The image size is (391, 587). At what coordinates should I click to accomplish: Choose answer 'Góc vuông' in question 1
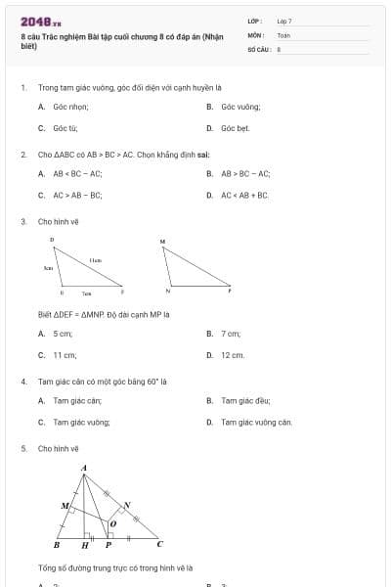(x=240, y=107)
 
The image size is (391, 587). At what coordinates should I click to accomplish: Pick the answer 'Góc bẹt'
(x=236, y=128)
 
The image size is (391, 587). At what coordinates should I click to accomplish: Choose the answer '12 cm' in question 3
(x=233, y=355)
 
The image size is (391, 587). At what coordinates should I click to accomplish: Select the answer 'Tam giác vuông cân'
(x=256, y=422)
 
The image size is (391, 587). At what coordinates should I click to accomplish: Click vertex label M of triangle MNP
(x=162, y=241)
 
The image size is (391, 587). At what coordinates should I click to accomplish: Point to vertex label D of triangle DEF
(x=52, y=239)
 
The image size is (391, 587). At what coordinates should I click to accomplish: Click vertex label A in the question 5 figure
(x=83, y=468)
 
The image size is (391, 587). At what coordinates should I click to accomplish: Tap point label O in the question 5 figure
(x=113, y=522)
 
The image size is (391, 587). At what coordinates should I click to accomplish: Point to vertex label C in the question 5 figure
(x=159, y=543)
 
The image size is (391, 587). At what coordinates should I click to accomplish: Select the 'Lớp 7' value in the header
(x=284, y=21)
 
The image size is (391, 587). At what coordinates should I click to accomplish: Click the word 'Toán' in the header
(x=283, y=34)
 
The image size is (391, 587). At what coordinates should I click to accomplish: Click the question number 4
(x=22, y=382)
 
